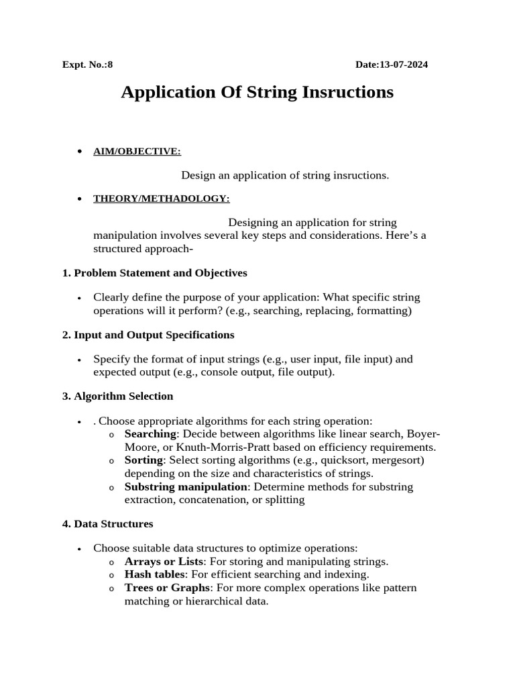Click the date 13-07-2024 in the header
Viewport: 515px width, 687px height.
(404, 65)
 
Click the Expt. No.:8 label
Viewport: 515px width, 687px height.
(88, 65)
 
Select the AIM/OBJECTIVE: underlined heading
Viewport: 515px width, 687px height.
(137, 152)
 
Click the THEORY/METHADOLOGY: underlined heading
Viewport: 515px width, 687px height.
(161, 199)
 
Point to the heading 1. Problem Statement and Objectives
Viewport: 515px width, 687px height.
(154, 273)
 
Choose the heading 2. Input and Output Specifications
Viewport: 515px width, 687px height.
(148, 334)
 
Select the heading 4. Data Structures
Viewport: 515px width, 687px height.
(107, 523)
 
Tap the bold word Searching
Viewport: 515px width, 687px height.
(150, 434)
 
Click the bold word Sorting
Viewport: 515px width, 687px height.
(144, 460)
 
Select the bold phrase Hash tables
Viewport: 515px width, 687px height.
(154, 574)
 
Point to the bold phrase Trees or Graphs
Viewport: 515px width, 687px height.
(167, 588)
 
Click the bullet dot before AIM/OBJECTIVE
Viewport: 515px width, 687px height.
(80, 152)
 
